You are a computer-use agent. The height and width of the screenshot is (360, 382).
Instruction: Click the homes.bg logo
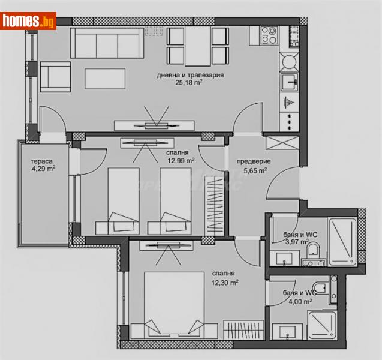[x=28, y=22]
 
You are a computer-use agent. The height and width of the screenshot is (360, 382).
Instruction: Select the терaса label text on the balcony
[x=43, y=161]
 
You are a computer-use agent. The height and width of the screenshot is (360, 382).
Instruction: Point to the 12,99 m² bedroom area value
[x=181, y=160]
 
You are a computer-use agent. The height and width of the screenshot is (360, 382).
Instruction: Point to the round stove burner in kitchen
[x=289, y=61]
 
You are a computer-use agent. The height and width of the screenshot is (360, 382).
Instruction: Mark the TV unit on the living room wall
[x=155, y=125]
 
